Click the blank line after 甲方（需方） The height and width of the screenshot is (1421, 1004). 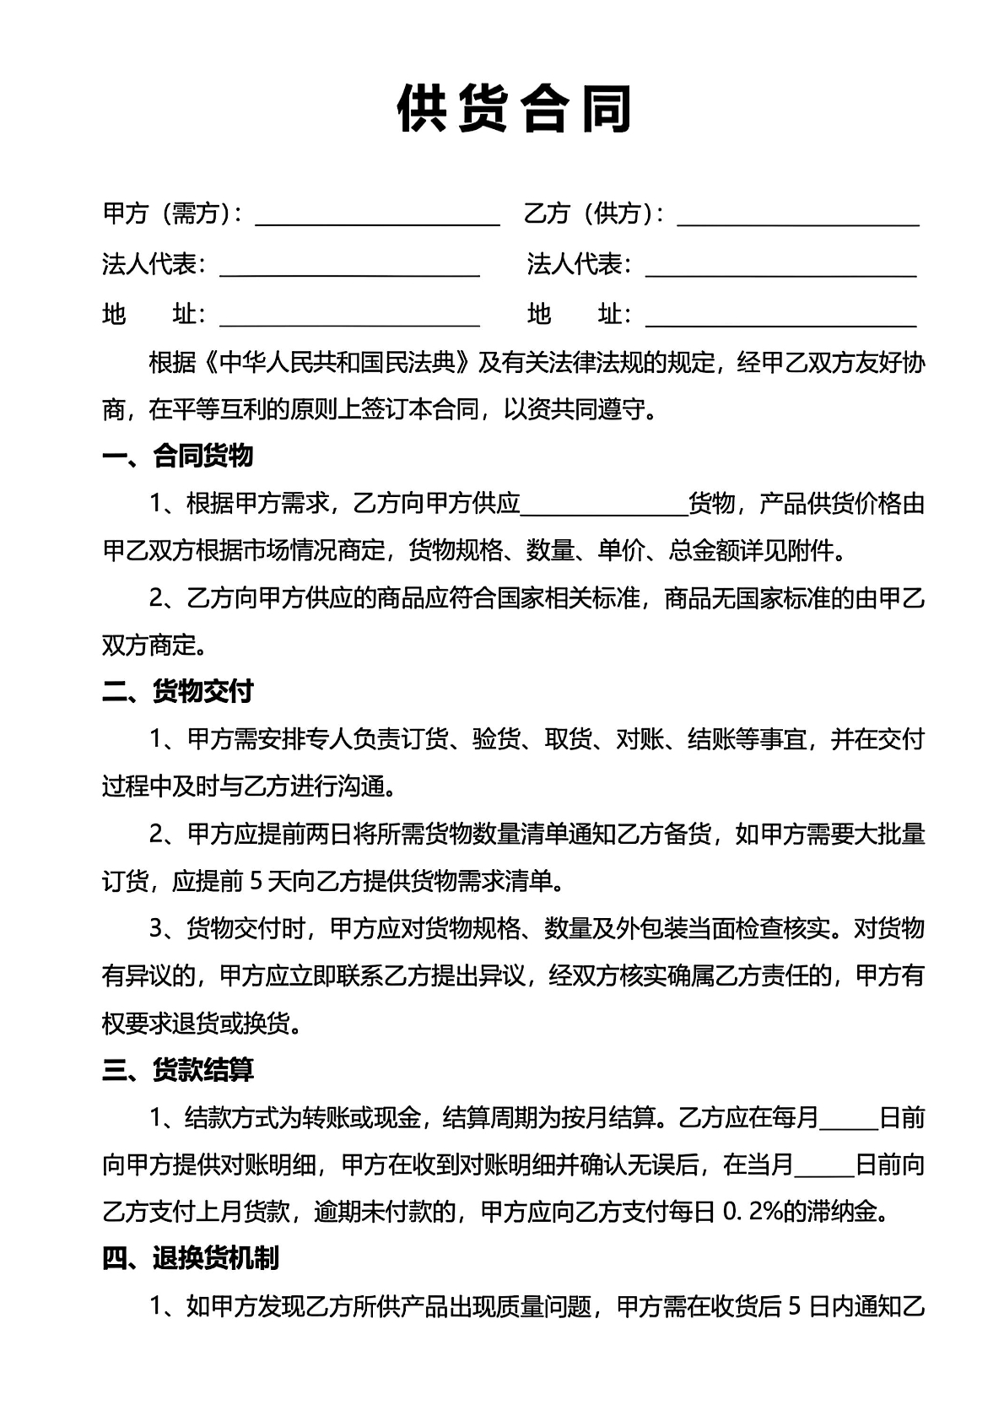(377, 218)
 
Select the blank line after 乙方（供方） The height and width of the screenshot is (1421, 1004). (797, 218)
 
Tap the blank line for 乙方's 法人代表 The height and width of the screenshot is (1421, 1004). (780, 268)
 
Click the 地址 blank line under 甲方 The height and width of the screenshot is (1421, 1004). (349, 318)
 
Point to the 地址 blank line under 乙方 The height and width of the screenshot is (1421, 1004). (780, 318)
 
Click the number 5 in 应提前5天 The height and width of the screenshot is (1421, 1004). (258, 882)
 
